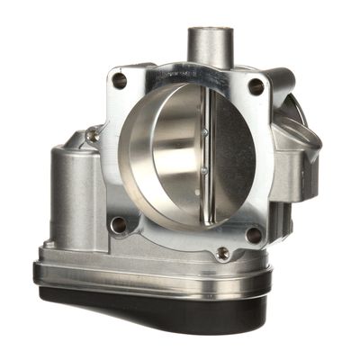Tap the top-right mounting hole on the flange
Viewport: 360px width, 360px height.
click(x=256, y=86)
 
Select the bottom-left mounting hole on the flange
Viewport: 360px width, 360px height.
click(x=116, y=223)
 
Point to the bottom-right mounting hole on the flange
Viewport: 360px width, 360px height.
click(x=253, y=235)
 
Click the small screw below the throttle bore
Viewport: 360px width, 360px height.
click(x=221, y=254)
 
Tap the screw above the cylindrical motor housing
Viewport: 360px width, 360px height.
click(x=91, y=136)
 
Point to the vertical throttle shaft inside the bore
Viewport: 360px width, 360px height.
click(x=208, y=153)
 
